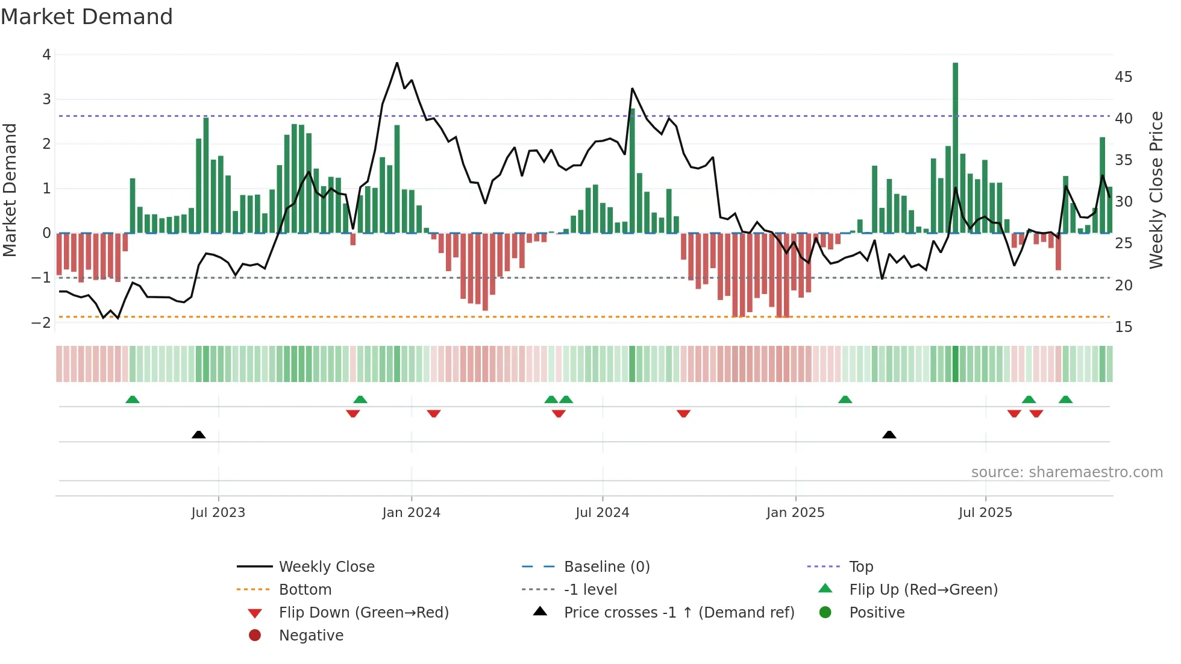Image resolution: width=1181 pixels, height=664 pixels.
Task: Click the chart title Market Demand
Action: (87, 17)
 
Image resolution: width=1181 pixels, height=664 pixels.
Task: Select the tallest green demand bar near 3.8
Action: (955, 148)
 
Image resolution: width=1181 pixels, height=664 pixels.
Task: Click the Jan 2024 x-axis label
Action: (411, 513)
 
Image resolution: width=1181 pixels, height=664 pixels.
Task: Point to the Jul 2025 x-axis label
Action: (985, 513)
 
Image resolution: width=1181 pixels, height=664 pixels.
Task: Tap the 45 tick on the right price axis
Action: (1123, 77)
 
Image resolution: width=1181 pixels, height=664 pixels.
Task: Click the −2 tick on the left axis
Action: (42, 322)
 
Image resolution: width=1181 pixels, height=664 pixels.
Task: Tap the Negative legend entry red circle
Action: (255, 636)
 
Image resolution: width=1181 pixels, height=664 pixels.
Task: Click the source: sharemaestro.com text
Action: (1067, 472)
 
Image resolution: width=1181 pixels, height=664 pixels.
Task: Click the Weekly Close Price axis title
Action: (1156, 190)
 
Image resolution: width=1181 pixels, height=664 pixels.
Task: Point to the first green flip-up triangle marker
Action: (133, 399)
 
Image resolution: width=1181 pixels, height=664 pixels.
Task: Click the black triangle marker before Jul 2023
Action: (198, 434)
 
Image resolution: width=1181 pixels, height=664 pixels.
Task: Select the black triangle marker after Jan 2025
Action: (889, 434)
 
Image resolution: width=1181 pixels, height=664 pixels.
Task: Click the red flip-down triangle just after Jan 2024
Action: (434, 413)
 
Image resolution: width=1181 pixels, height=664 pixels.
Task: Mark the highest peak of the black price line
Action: (396, 63)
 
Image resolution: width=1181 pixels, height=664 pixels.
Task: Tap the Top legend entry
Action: (860, 567)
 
